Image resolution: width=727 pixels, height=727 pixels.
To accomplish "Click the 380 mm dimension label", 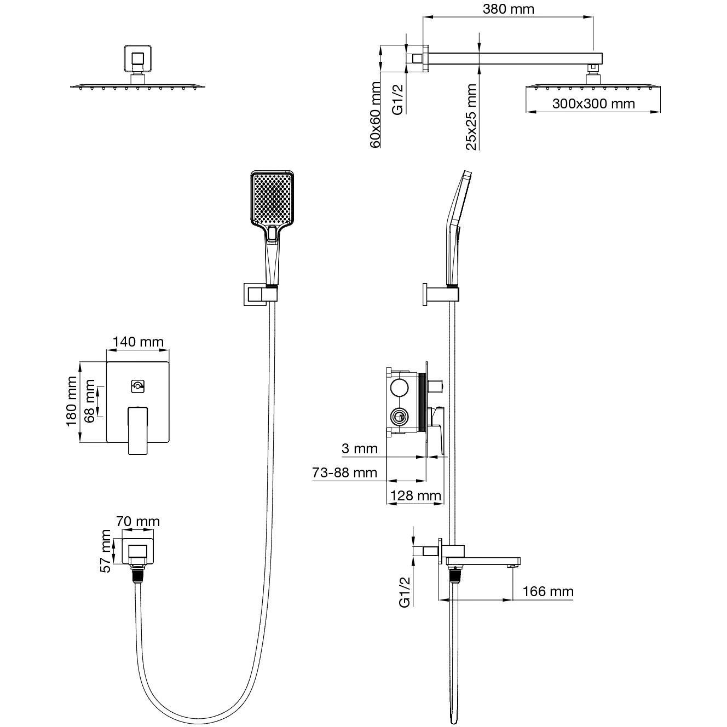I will (x=509, y=9).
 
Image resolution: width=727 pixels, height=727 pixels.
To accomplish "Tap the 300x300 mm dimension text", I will (x=593, y=103).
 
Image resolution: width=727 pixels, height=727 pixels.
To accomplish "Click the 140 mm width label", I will (x=138, y=343).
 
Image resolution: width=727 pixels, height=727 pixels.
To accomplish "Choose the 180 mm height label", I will (x=72, y=402).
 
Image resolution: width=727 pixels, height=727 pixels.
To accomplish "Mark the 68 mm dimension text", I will (x=90, y=401).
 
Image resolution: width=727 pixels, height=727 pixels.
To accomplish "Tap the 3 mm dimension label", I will (x=360, y=449).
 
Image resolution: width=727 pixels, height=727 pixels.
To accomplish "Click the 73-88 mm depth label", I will (x=345, y=472).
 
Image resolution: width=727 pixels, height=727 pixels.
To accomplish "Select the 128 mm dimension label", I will (x=415, y=496).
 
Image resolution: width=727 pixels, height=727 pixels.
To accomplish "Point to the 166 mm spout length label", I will (x=548, y=592).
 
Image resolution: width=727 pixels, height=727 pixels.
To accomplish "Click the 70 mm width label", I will (x=138, y=521).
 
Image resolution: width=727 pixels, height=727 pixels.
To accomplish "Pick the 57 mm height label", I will (x=106, y=551).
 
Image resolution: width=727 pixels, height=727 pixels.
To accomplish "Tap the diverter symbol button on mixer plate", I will (x=138, y=386).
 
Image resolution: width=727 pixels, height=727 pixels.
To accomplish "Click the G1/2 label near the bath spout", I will (x=405, y=592).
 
